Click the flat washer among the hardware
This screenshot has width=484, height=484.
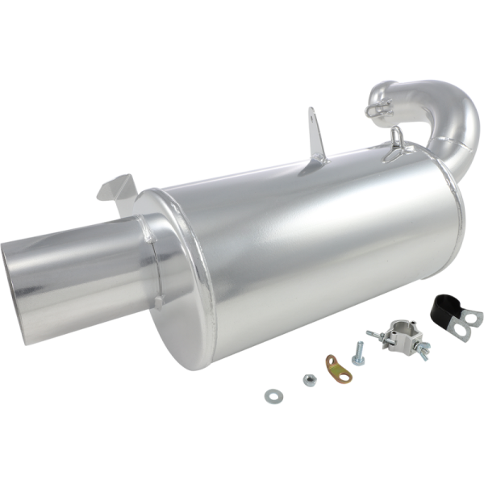(272, 395)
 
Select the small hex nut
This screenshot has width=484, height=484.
(309, 380)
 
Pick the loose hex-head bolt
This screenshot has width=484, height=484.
(357, 352)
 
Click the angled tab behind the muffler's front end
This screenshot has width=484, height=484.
(114, 188)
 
